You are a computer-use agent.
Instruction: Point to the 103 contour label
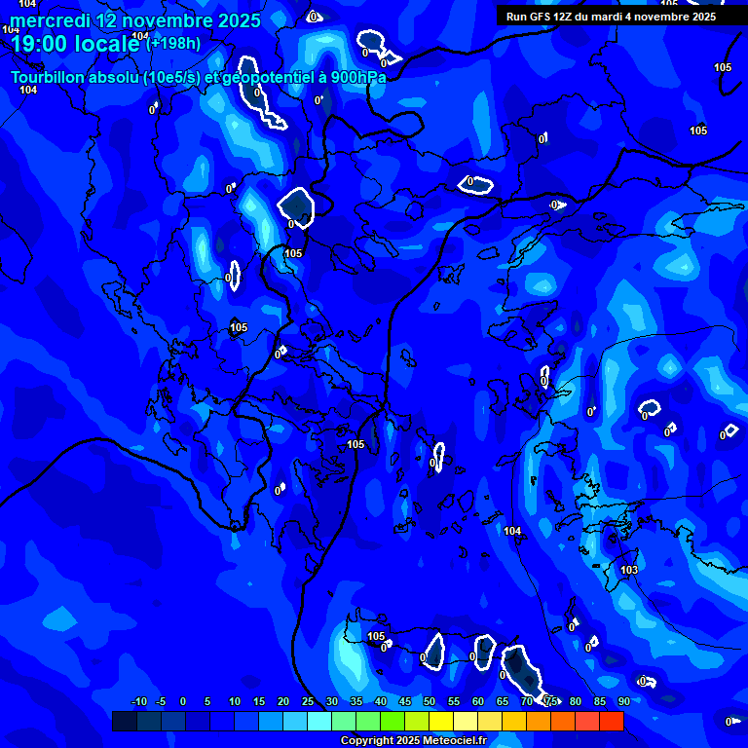coord(629,570)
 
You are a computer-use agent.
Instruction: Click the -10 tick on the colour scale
coord(138,701)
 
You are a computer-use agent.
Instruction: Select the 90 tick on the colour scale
coord(623,701)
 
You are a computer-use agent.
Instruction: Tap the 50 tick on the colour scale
coord(429,701)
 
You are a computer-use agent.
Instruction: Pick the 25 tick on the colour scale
coord(307,701)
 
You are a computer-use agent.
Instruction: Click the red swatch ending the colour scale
coord(611,721)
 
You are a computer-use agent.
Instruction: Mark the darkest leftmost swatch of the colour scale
coord(124,721)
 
